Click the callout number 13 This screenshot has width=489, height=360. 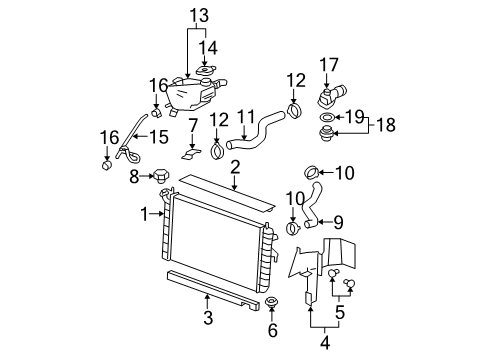[201, 16]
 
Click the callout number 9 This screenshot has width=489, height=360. [338, 221]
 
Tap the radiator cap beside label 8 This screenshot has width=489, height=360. [160, 179]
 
